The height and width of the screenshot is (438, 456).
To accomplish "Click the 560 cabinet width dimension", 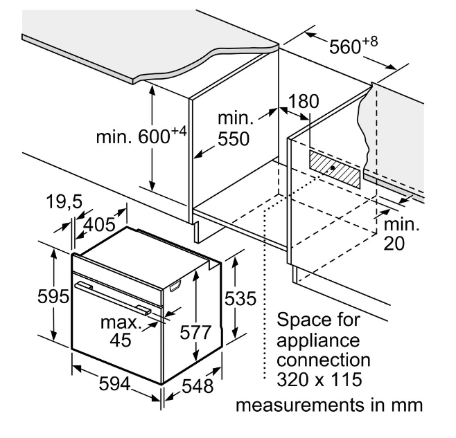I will pos(351,46).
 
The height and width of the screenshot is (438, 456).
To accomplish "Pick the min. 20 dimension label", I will pos(402,234).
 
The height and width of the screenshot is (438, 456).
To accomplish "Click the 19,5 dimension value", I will pos(65,202).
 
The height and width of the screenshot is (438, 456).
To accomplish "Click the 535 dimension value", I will pos(240,299).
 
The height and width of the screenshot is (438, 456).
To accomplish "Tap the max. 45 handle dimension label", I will pos(121,331).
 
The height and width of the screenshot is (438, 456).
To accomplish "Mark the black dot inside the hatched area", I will pos(335,167).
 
